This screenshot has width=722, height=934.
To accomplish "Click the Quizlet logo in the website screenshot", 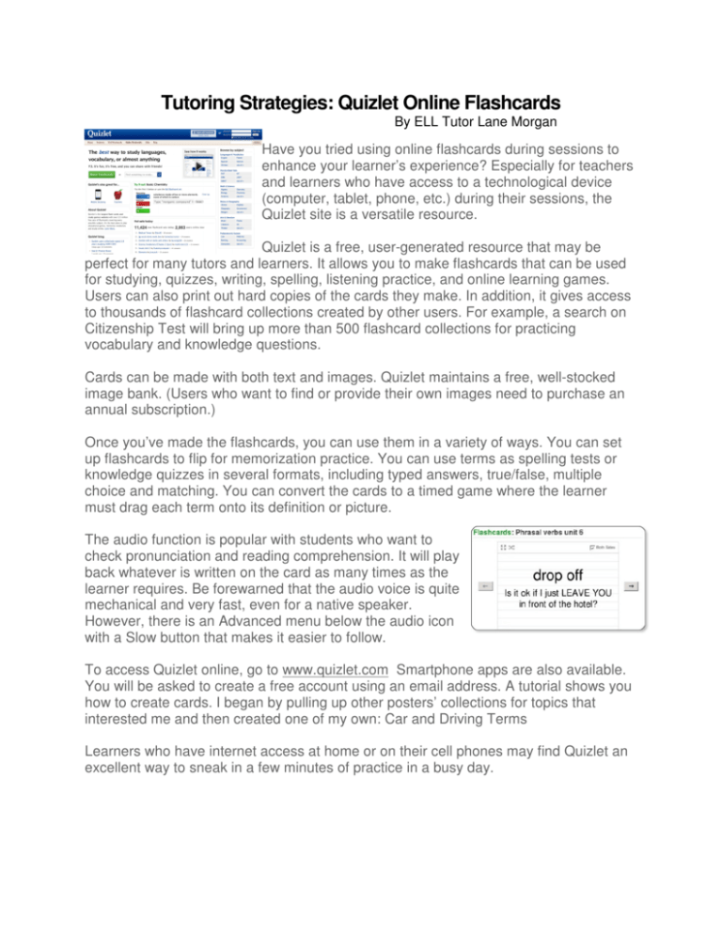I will pyautogui.click(x=106, y=133).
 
